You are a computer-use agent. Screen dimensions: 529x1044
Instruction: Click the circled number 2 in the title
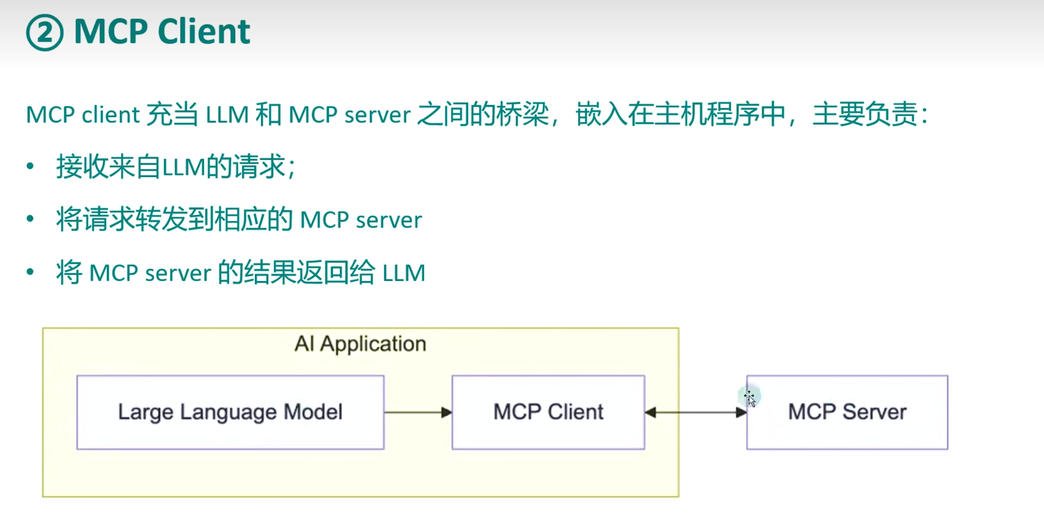coord(44,32)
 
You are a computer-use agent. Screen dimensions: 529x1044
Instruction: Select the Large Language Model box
coord(230,412)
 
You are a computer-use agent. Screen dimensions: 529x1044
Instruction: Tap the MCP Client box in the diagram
coord(548,412)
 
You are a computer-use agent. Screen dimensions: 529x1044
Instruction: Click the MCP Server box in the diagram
coord(847,412)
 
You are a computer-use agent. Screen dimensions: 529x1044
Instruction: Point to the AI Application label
coord(360,344)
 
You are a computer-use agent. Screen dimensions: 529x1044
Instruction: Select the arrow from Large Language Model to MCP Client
coord(418,412)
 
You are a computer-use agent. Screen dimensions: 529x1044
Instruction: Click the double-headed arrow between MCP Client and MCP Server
coord(696,412)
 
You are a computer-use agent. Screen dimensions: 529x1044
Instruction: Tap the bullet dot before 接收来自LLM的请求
coord(30,166)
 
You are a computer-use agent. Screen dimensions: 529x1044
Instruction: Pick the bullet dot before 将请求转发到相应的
coord(30,219)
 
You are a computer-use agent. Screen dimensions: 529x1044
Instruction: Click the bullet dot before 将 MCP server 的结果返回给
coord(30,272)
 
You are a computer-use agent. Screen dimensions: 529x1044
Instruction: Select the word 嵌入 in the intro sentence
coord(601,114)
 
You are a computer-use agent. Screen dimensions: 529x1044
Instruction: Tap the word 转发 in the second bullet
coord(161,219)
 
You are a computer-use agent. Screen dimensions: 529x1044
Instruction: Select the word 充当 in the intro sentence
coord(172,114)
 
